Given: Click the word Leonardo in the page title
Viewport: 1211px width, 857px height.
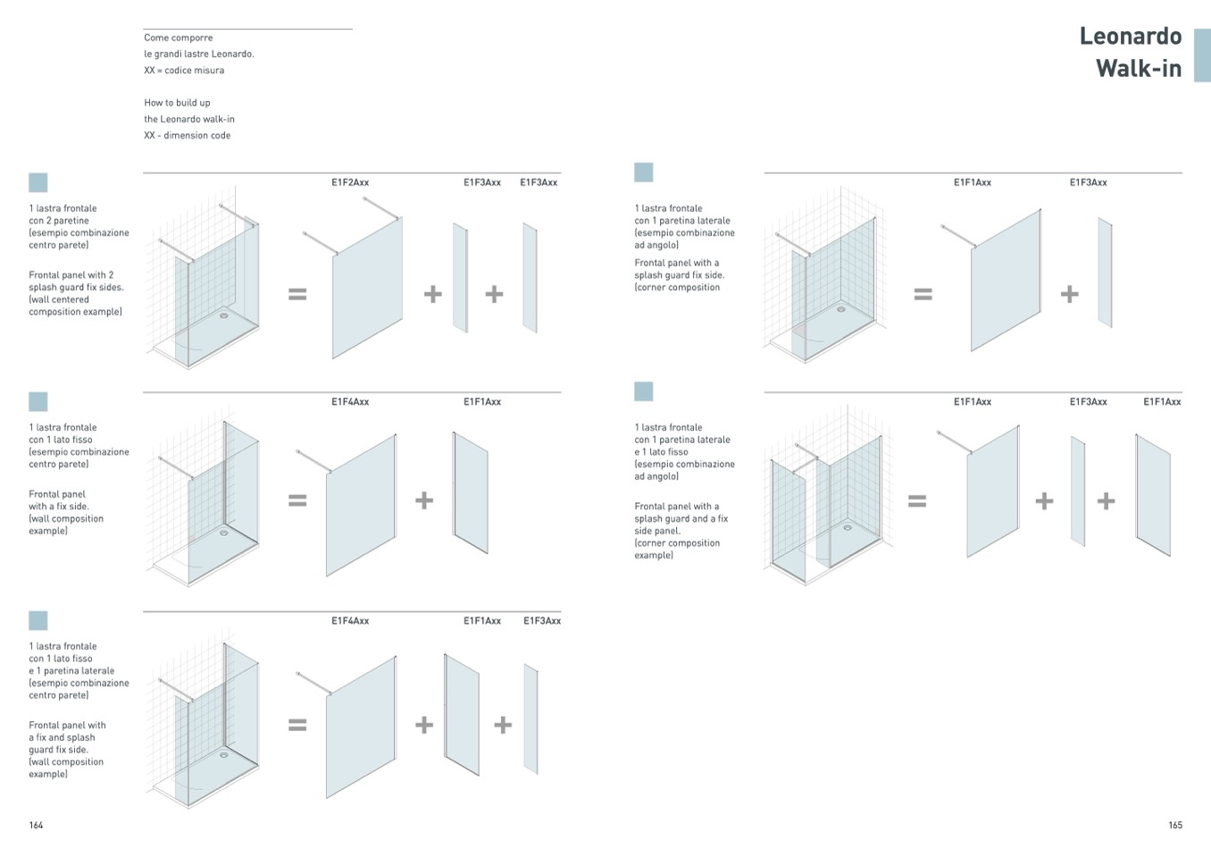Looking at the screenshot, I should click(x=1130, y=37).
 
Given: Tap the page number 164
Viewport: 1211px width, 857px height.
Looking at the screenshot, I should click(x=36, y=825).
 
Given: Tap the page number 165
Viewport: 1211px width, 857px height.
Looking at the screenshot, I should click(x=1174, y=825).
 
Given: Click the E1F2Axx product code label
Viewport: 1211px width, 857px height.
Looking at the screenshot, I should click(x=350, y=182).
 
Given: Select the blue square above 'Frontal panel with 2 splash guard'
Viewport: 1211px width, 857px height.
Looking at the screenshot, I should click(x=38, y=182).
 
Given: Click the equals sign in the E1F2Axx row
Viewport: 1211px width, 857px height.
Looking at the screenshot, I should click(x=297, y=293).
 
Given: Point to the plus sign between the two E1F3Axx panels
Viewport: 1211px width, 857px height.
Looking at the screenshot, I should click(x=494, y=293).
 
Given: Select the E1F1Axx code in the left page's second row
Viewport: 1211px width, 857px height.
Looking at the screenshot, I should click(x=482, y=402).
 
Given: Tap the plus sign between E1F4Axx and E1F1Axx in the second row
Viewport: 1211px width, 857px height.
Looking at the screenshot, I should click(x=424, y=500).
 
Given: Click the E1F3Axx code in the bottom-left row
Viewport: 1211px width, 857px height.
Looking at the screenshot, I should click(x=542, y=621).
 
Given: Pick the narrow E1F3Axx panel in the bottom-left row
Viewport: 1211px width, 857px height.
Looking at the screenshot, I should click(x=530, y=718).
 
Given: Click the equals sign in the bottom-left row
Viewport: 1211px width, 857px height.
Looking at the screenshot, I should click(x=297, y=724).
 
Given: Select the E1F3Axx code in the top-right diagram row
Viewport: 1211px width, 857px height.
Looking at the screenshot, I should click(x=1088, y=182).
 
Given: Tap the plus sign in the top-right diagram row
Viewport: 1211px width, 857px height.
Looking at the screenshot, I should click(x=1069, y=293).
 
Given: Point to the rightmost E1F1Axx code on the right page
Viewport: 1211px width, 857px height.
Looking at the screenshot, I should click(x=1162, y=402).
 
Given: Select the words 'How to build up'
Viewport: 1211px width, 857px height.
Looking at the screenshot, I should click(x=177, y=103).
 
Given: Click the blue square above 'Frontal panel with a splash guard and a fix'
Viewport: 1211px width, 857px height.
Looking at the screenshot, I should click(x=643, y=391).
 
